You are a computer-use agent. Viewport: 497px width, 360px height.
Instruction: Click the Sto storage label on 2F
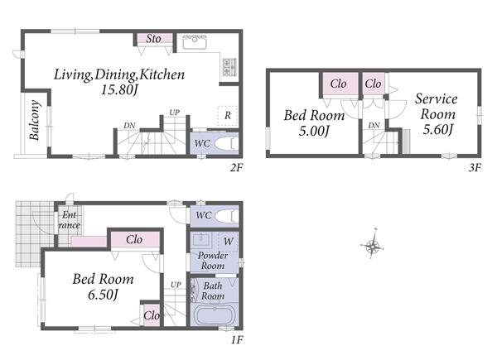point(154,39)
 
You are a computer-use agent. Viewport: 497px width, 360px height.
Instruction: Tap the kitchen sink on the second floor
point(195,42)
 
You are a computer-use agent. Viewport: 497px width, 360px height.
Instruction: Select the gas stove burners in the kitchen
point(229,67)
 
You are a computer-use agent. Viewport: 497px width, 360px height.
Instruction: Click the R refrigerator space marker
point(228,116)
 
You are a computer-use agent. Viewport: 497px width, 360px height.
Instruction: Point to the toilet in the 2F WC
point(226,143)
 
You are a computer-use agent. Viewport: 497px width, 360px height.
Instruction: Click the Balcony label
point(34,120)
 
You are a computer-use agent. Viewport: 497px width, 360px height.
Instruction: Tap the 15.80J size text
point(119,90)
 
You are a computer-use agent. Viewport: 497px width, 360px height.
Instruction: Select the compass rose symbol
point(373,245)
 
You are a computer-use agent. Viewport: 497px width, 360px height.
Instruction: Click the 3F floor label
point(475,167)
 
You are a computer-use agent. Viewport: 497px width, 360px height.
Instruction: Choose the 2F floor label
point(236,167)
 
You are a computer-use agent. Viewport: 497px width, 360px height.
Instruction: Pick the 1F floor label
point(236,340)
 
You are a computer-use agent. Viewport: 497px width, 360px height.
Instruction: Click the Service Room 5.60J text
point(437,114)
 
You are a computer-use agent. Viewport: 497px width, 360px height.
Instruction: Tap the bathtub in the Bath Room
point(215,314)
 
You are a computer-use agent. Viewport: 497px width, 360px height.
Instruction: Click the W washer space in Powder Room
point(229,242)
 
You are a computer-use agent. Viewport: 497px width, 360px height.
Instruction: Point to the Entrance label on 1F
point(69,220)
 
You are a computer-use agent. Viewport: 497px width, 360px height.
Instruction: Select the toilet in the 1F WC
point(227,216)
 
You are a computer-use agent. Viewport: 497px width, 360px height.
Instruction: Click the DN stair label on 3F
point(374,126)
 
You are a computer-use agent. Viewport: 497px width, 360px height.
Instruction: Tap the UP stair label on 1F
point(176,285)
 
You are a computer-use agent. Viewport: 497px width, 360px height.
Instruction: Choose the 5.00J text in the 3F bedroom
point(314,131)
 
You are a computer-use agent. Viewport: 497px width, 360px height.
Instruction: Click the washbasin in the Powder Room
point(200,240)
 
